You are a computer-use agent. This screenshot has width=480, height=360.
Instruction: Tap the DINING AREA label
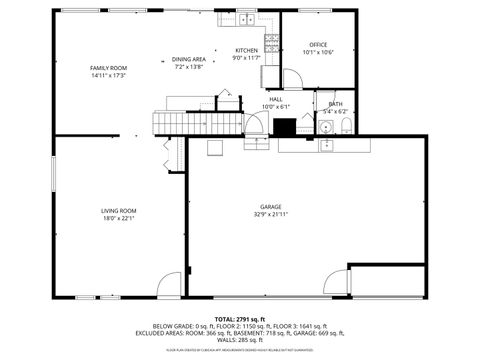coord(189,59)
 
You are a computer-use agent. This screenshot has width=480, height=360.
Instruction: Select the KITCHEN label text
coord(246,51)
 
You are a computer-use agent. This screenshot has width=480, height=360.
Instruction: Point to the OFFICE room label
coord(318,44)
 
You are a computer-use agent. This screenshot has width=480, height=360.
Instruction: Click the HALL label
coord(275,99)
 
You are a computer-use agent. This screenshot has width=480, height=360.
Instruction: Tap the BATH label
coord(335,104)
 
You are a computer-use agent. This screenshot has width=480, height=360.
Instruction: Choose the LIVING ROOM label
coord(118,210)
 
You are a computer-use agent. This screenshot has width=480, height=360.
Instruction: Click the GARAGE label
coord(271,207)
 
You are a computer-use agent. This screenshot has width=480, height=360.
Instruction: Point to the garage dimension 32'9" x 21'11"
coord(271,214)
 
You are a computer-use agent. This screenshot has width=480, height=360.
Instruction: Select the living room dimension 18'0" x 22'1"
coord(118,217)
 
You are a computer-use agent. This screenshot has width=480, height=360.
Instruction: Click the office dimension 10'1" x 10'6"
coord(318,52)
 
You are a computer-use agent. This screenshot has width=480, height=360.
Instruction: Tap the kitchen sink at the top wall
coord(246,19)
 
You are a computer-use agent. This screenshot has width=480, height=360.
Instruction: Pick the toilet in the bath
coord(345,126)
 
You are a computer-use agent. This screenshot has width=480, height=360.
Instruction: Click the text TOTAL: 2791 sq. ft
coord(240,317)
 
